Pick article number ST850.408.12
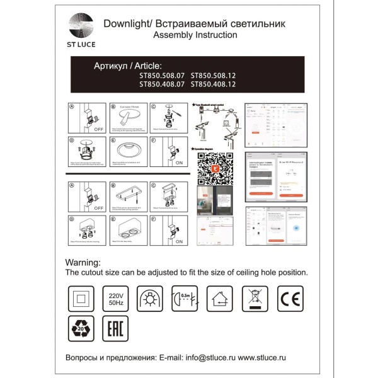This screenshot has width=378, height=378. pos(214,83)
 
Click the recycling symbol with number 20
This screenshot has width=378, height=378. pos(80,329)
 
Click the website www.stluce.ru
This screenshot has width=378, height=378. pos(272,357)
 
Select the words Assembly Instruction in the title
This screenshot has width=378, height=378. pos(196,35)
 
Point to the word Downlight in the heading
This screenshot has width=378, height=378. pos(126,23)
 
